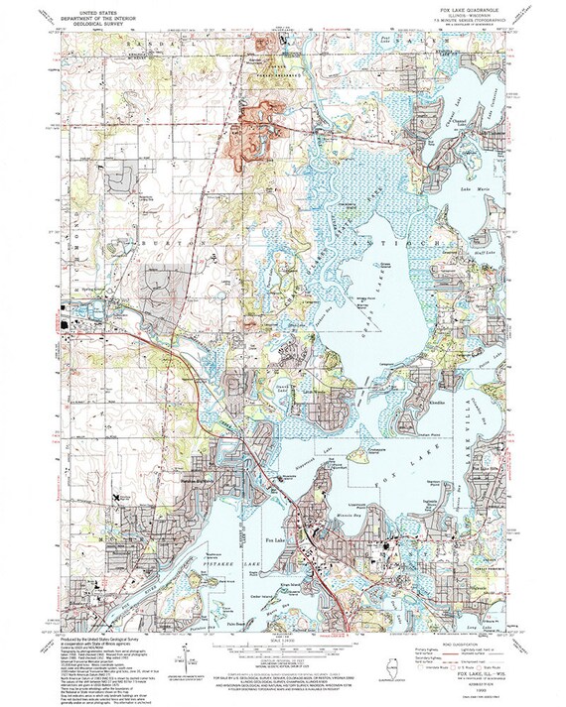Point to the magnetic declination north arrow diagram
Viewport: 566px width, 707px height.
[189, 665]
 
